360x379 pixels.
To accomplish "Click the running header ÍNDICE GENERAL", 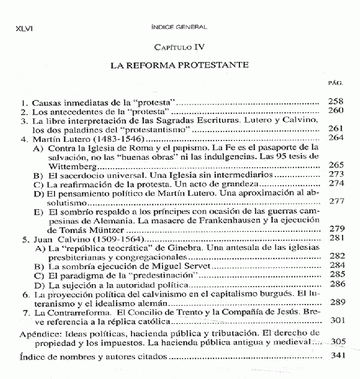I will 179,28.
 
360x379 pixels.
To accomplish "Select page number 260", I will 335,111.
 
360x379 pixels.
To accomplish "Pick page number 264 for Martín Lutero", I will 335,138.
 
